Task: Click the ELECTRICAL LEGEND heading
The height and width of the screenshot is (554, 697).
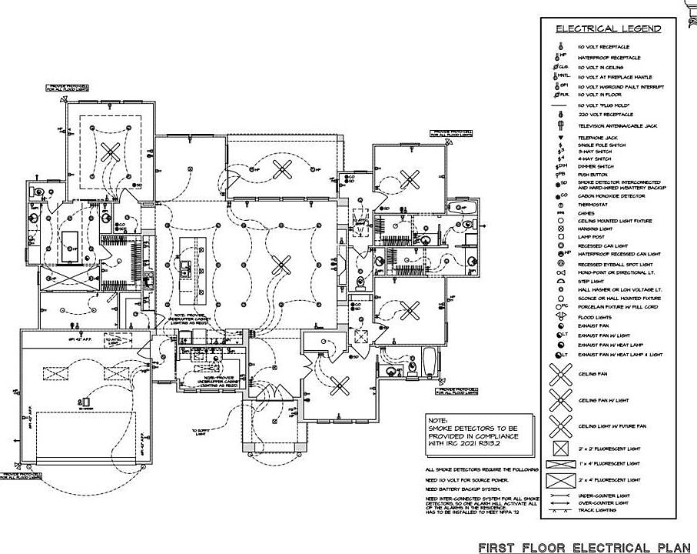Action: coord(608,28)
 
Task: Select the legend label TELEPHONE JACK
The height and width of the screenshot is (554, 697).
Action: coord(599,138)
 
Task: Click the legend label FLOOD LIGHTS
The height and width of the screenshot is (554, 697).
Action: coord(595,315)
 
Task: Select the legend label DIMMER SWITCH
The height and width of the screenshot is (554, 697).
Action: coord(597,166)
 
